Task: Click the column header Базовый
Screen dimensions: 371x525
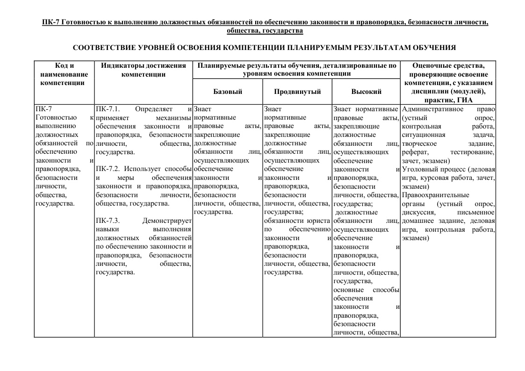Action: [x=228, y=92]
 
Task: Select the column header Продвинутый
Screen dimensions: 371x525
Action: [x=297, y=92]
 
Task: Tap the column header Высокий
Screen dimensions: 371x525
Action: [x=366, y=92]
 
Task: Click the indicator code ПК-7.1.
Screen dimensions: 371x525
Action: [x=108, y=109]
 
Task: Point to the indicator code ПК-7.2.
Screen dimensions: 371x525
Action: [x=108, y=169]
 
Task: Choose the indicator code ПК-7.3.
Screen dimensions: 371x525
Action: [x=108, y=221]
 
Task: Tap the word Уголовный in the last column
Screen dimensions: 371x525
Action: [x=418, y=169]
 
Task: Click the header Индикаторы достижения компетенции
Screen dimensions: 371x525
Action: [x=144, y=70]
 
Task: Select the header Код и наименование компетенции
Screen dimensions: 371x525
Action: [x=64, y=74]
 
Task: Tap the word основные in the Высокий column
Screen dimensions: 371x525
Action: [x=351, y=290]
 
